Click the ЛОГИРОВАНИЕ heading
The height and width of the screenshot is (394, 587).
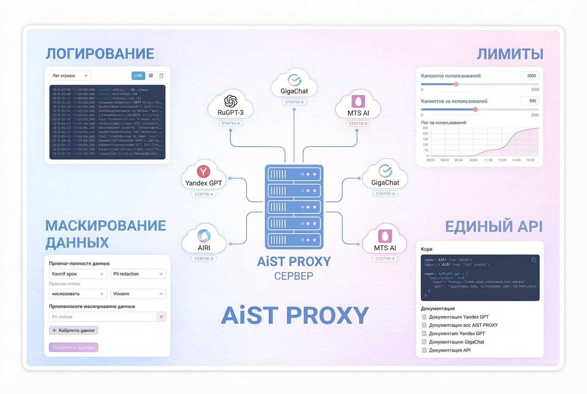click(100, 54)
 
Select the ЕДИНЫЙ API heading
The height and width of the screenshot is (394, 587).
click(494, 227)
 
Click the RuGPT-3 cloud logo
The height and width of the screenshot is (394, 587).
click(231, 101)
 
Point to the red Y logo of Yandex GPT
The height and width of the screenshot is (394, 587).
click(203, 171)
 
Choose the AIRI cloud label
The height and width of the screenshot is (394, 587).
click(204, 248)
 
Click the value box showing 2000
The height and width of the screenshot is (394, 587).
click(530, 76)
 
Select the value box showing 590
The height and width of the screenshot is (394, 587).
click(530, 101)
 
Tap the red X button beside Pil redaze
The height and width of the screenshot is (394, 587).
click(161, 317)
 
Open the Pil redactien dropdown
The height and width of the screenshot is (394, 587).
click(138, 274)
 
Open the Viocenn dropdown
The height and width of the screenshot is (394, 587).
click(138, 294)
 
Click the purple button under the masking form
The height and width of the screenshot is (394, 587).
click(73, 348)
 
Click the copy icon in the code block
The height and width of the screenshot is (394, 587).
click(534, 260)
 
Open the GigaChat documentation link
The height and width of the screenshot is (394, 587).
click(456, 342)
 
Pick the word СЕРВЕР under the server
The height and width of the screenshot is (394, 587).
click(293, 276)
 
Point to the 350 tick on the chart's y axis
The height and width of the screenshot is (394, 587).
click(425, 128)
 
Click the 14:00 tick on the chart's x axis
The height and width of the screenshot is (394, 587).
click(516, 160)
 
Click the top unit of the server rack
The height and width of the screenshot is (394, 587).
click(294, 174)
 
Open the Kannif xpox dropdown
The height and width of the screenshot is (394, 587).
click(78, 274)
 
